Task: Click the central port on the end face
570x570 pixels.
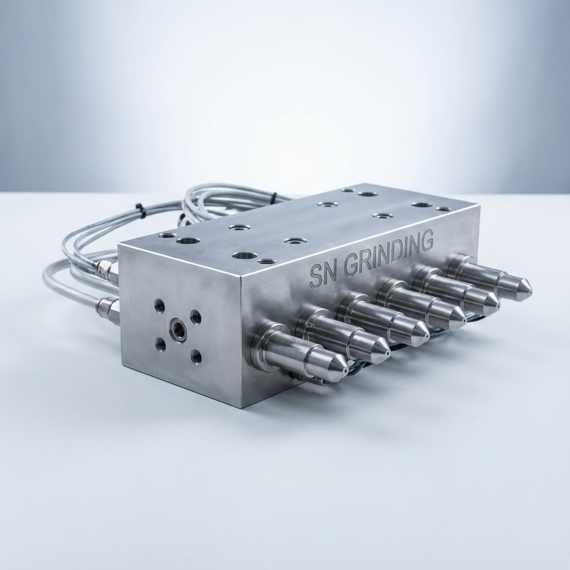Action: click(178, 330)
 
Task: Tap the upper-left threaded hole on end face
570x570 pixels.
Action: click(159, 304)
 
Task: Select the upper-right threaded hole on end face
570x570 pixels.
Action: click(196, 317)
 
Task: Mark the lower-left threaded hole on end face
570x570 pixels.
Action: click(161, 345)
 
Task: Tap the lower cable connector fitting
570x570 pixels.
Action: click(108, 309)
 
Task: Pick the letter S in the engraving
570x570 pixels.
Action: click(315, 277)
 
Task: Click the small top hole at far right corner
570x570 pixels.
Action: click(443, 209)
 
